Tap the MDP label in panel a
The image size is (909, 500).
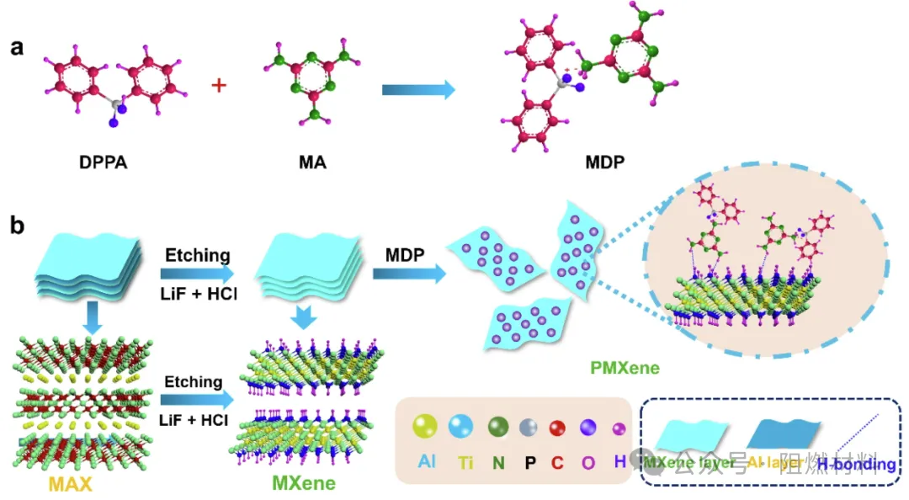point(603,160)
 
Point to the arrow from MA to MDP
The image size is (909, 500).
point(417,89)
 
